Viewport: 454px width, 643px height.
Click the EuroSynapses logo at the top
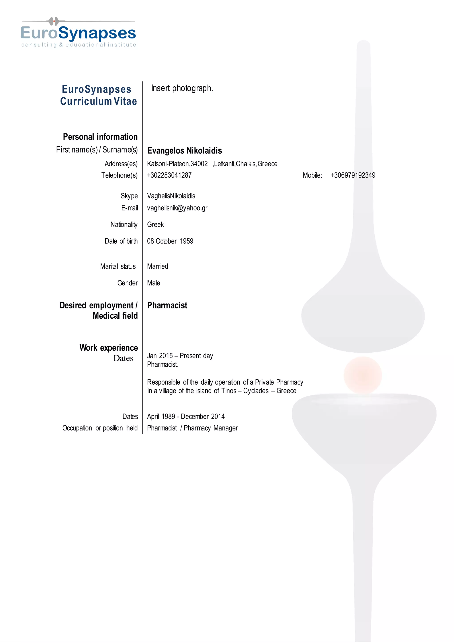(x=78, y=33)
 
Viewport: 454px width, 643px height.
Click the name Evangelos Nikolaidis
(x=184, y=151)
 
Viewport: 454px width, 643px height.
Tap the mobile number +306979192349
(x=353, y=175)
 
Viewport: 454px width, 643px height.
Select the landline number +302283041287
(x=169, y=175)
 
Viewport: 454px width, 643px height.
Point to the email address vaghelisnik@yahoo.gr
(x=177, y=208)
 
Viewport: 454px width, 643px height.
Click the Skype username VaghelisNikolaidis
(x=171, y=196)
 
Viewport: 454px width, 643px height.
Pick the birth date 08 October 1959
(x=170, y=241)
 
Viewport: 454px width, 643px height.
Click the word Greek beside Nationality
(x=155, y=225)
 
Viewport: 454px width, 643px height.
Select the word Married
(x=157, y=266)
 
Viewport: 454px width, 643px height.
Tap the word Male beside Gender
(x=153, y=283)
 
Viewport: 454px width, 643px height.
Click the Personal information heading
(x=100, y=137)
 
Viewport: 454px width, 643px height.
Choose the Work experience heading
(x=108, y=348)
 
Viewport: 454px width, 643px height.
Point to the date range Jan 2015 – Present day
(x=180, y=356)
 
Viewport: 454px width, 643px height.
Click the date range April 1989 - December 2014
(x=186, y=417)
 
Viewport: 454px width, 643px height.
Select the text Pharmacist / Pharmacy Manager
(x=192, y=428)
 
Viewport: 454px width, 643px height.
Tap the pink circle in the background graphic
(x=363, y=375)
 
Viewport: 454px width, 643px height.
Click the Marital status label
(x=118, y=266)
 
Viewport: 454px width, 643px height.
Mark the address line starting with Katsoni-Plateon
(x=212, y=164)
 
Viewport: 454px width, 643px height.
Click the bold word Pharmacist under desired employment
(x=167, y=305)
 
